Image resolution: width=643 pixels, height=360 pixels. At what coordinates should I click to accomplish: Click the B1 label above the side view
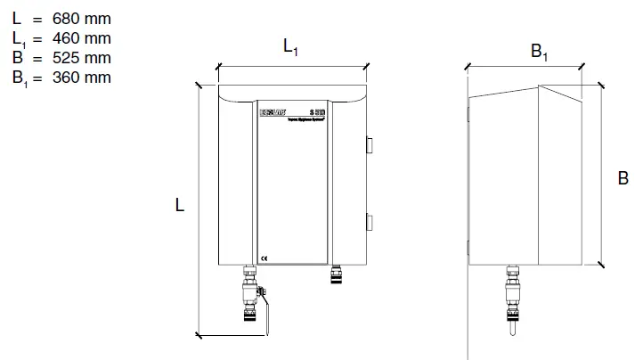pyautogui.click(x=541, y=52)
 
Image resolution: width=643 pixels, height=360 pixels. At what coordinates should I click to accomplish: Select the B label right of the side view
pyautogui.click(x=623, y=179)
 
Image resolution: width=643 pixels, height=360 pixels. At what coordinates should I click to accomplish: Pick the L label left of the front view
pyautogui.click(x=180, y=206)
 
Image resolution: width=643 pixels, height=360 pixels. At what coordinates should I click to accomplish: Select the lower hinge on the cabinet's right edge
pyautogui.click(x=370, y=222)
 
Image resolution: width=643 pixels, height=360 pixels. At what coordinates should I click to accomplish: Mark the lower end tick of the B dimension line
pyautogui.click(x=602, y=265)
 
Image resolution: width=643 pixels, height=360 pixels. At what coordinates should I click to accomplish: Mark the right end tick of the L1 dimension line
pyautogui.click(x=367, y=66)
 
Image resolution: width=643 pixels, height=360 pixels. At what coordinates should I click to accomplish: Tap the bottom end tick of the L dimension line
pyautogui.click(x=198, y=335)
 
